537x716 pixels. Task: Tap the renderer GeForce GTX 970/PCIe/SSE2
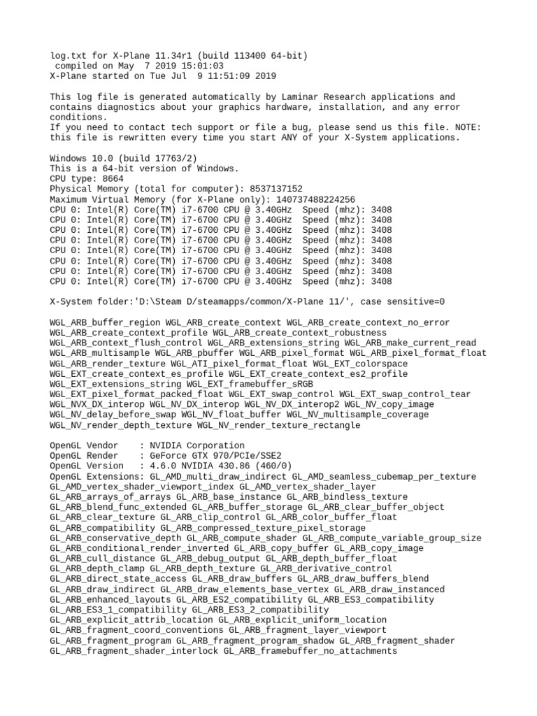[215, 456]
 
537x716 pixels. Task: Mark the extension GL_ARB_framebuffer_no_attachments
[310, 651]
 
